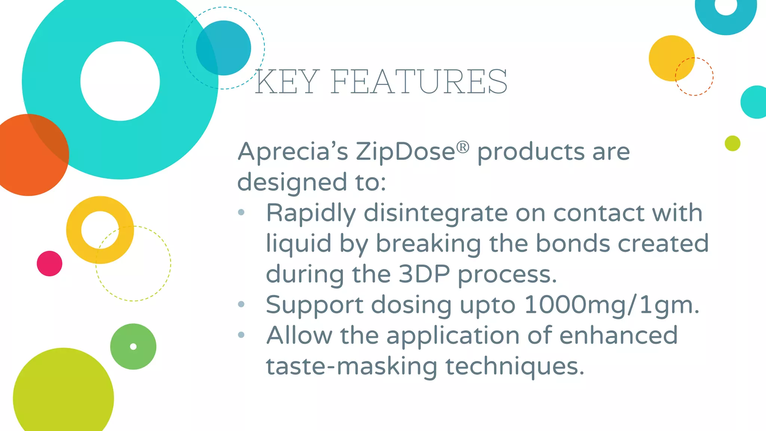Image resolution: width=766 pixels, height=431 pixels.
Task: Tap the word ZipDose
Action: click(405, 152)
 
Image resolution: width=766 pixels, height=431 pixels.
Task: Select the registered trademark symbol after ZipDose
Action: click(463, 147)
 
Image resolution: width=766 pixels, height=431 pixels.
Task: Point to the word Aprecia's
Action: click(293, 152)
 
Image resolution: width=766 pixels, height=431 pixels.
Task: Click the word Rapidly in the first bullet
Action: click(311, 213)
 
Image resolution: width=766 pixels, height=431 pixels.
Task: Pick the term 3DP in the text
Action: click(424, 274)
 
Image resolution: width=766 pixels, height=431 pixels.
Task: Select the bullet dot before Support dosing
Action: click(241, 304)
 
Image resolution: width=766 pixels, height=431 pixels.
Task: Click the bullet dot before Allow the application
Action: click(241, 335)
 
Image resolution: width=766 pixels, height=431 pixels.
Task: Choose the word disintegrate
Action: click(435, 213)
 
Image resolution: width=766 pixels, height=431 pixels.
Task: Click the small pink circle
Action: click(49, 263)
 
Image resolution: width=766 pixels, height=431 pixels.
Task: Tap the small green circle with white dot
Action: click(133, 346)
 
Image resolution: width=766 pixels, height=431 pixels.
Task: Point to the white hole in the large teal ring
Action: click(120, 81)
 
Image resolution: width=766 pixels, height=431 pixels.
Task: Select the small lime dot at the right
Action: click(732, 143)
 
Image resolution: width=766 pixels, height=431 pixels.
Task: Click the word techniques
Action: click(515, 366)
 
